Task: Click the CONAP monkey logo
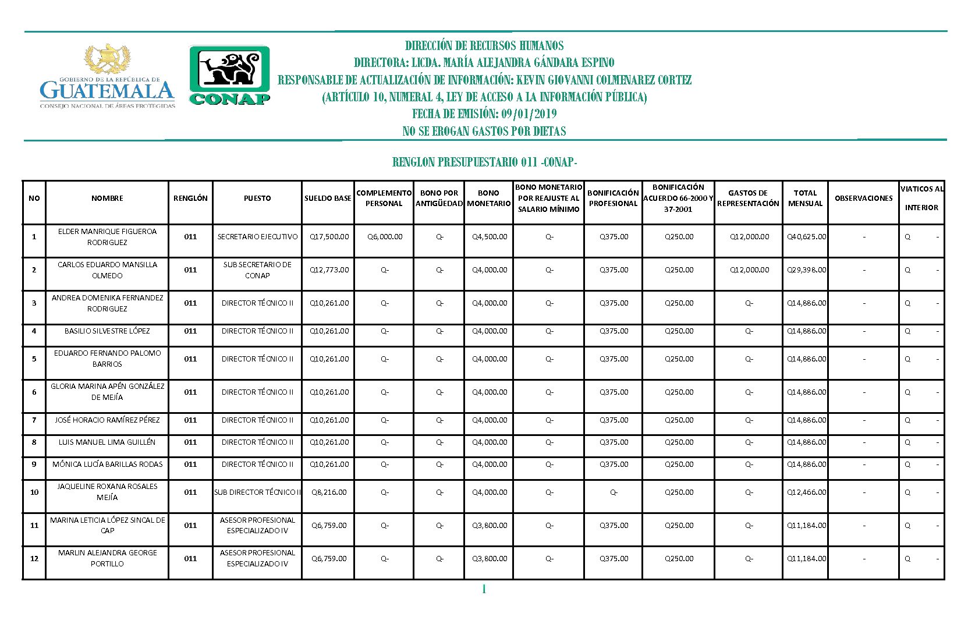tap(229, 75)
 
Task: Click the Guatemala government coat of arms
tap(108, 59)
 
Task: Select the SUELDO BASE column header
tap(328, 198)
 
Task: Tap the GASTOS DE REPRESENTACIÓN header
tap(748, 198)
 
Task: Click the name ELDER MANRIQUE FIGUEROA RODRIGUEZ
tap(107, 237)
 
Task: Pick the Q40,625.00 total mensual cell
tap(806, 237)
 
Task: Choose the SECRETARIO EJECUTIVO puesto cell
tap(257, 237)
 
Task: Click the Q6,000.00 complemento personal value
tap(385, 237)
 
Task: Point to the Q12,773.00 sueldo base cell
tap(329, 270)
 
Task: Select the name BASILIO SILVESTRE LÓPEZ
tap(107, 331)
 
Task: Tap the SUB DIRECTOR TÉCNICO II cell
tap(257, 492)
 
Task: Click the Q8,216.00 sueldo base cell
tap(329, 492)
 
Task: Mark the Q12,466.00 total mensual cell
tap(806, 492)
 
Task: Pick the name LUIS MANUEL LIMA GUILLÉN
tap(107, 442)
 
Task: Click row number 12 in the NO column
tap(34, 559)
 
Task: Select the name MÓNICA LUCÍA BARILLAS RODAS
tap(107, 465)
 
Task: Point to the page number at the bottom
tap(484, 590)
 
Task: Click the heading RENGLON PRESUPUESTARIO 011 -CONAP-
tap(484, 162)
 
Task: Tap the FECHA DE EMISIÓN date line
tap(484, 114)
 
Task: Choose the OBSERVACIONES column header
tap(863, 198)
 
